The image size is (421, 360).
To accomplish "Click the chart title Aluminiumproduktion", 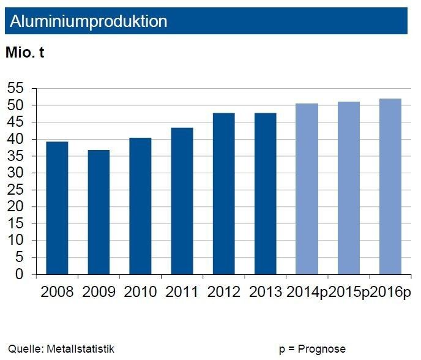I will tap(89, 21).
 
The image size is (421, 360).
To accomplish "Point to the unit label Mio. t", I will tap(24, 53).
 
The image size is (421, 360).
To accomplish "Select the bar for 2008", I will tap(57, 208).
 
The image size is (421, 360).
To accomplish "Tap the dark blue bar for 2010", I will tap(140, 206).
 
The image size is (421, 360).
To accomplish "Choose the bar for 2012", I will tap(223, 193).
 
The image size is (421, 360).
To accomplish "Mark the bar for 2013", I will tap(265, 193).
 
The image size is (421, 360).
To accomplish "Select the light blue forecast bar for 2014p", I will tap(307, 189).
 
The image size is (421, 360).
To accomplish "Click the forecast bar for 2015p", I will tap(348, 188).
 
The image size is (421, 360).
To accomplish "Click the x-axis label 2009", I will tap(99, 291).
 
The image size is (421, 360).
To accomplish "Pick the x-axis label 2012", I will tap(223, 291).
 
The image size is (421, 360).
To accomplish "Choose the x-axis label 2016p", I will tap(390, 291).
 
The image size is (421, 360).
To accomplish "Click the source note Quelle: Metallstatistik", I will tap(61, 349).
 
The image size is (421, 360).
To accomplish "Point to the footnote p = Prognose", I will tap(312, 349).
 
